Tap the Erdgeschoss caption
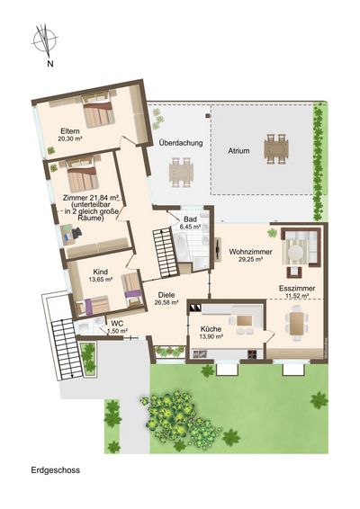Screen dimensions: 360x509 [x=56, y=470]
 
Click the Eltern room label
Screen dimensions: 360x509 [x=70, y=131]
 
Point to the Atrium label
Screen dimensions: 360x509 [x=238, y=151]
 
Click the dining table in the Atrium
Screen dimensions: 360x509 [x=276, y=149]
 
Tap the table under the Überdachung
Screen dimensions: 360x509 [x=181, y=172]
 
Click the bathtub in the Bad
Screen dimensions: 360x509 [x=181, y=249]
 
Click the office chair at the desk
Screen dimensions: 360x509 [x=77, y=232]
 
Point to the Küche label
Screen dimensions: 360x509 [x=211, y=329]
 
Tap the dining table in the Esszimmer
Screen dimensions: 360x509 [x=296, y=323]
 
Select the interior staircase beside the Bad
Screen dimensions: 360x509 [x=166, y=252]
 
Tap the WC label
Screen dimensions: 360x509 [x=117, y=324]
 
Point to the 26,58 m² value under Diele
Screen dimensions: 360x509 [x=168, y=302]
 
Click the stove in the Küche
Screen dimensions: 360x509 [x=253, y=354]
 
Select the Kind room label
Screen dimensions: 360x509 [x=101, y=272]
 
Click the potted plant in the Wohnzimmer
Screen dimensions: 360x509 [x=271, y=233]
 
